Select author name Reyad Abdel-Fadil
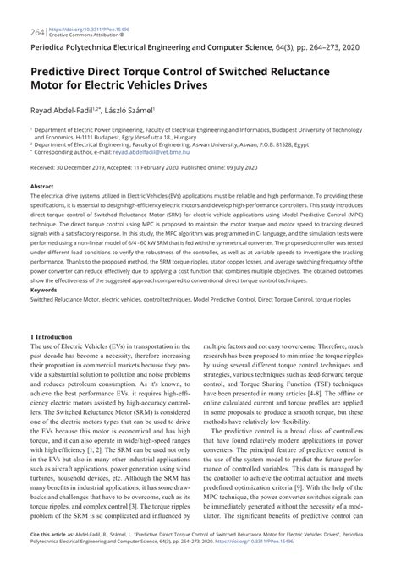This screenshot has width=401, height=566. tap(61, 110)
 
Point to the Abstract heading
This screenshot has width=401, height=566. tap(41, 186)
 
